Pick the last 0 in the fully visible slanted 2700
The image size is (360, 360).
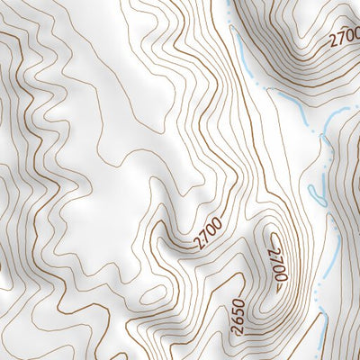pyautogui.click(x=220, y=229)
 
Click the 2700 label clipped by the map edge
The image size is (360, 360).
pyautogui.click(x=345, y=40)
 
